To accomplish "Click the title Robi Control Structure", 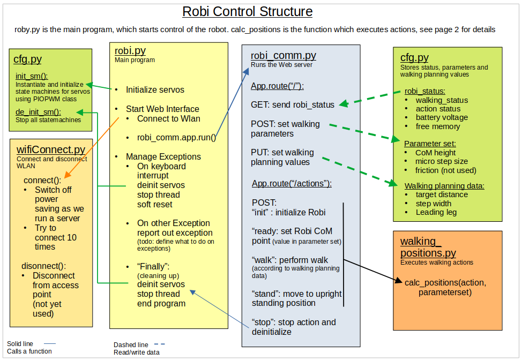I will click(247, 12).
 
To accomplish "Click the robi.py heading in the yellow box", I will click(130, 51).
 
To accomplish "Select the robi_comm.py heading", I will click(283, 56).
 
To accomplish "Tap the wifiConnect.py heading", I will click(51, 149).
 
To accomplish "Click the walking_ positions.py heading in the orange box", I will click(428, 247).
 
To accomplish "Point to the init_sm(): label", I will click(32, 76).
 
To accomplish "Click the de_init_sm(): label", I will click(38, 111).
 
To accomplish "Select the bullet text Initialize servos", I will click(155, 89).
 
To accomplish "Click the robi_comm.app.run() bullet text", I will click(176, 137).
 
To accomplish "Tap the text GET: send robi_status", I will click(293, 104).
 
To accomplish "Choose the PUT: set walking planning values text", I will click(282, 157).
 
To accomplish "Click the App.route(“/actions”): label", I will click(292, 184).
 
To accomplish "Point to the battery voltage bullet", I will click(442, 117).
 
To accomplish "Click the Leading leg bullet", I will click(436, 212).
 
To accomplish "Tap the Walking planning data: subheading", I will click(444, 186).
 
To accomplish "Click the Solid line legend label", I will click(20, 344).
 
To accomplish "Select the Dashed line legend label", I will click(131, 345).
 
